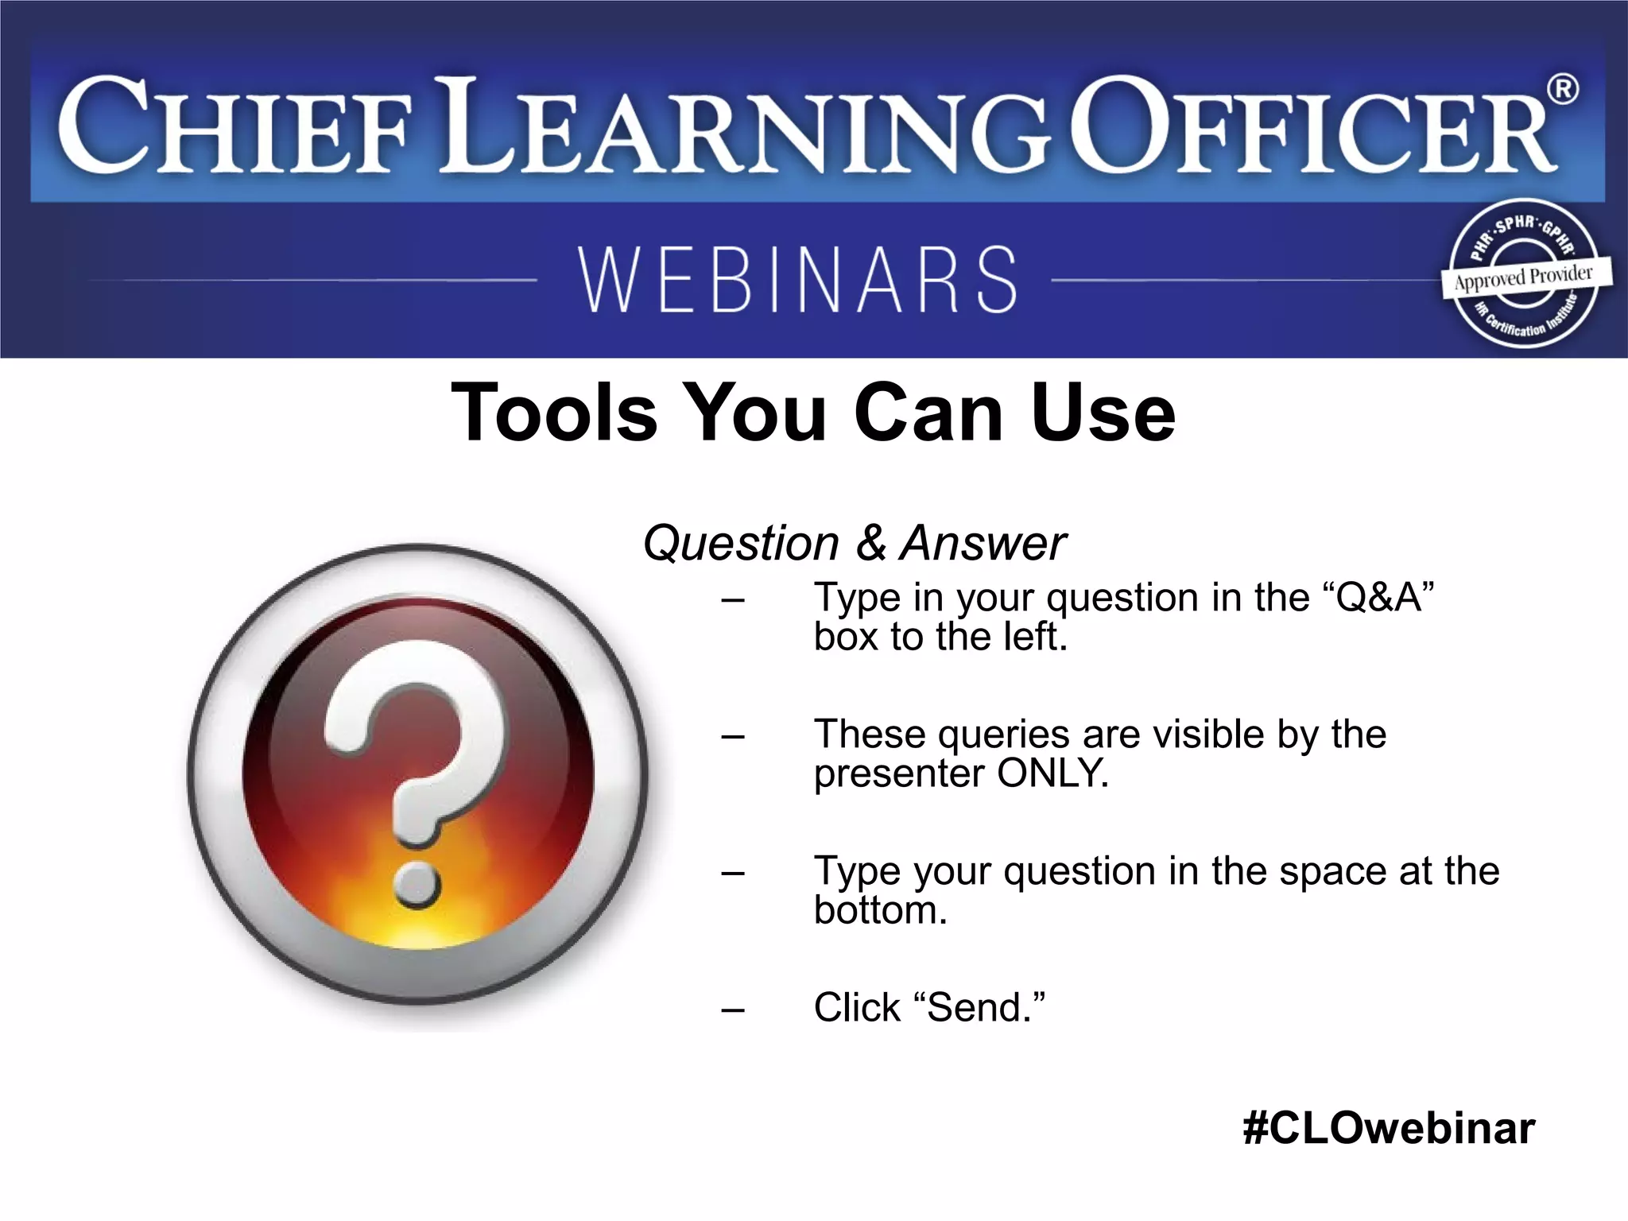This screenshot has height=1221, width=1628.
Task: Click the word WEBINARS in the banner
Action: (x=798, y=280)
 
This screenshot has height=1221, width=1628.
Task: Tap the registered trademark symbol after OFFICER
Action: (x=1562, y=89)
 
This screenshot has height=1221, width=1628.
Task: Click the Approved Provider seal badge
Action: (x=1524, y=275)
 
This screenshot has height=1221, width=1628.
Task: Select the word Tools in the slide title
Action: (x=554, y=413)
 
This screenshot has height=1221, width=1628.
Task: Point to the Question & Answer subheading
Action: (x=854, y=544)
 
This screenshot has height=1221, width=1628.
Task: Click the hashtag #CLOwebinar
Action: (x=1389, y=1128)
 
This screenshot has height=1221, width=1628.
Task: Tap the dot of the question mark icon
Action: (x=417, y=883)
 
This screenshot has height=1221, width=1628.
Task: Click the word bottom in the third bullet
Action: (x=880, y=910)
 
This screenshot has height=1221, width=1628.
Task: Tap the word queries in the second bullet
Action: (x=1003, y=735)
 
